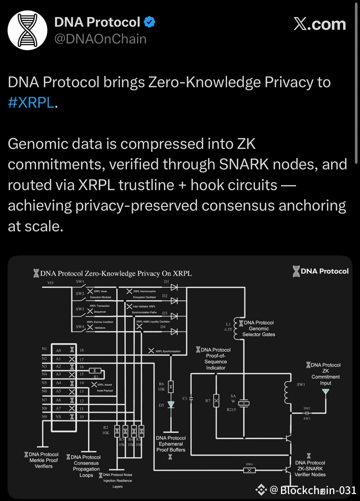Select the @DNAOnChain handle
tap(100, 39)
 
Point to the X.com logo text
tap(320, 24)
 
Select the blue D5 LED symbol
tap(171, 405)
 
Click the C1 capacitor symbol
tap(191, 398)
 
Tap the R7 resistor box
tap(216, 401)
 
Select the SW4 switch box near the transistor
tap(249, 470)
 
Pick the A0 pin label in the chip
tap(58, 350)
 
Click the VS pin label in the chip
tap(58, 417)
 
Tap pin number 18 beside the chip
tap(81, 350)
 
